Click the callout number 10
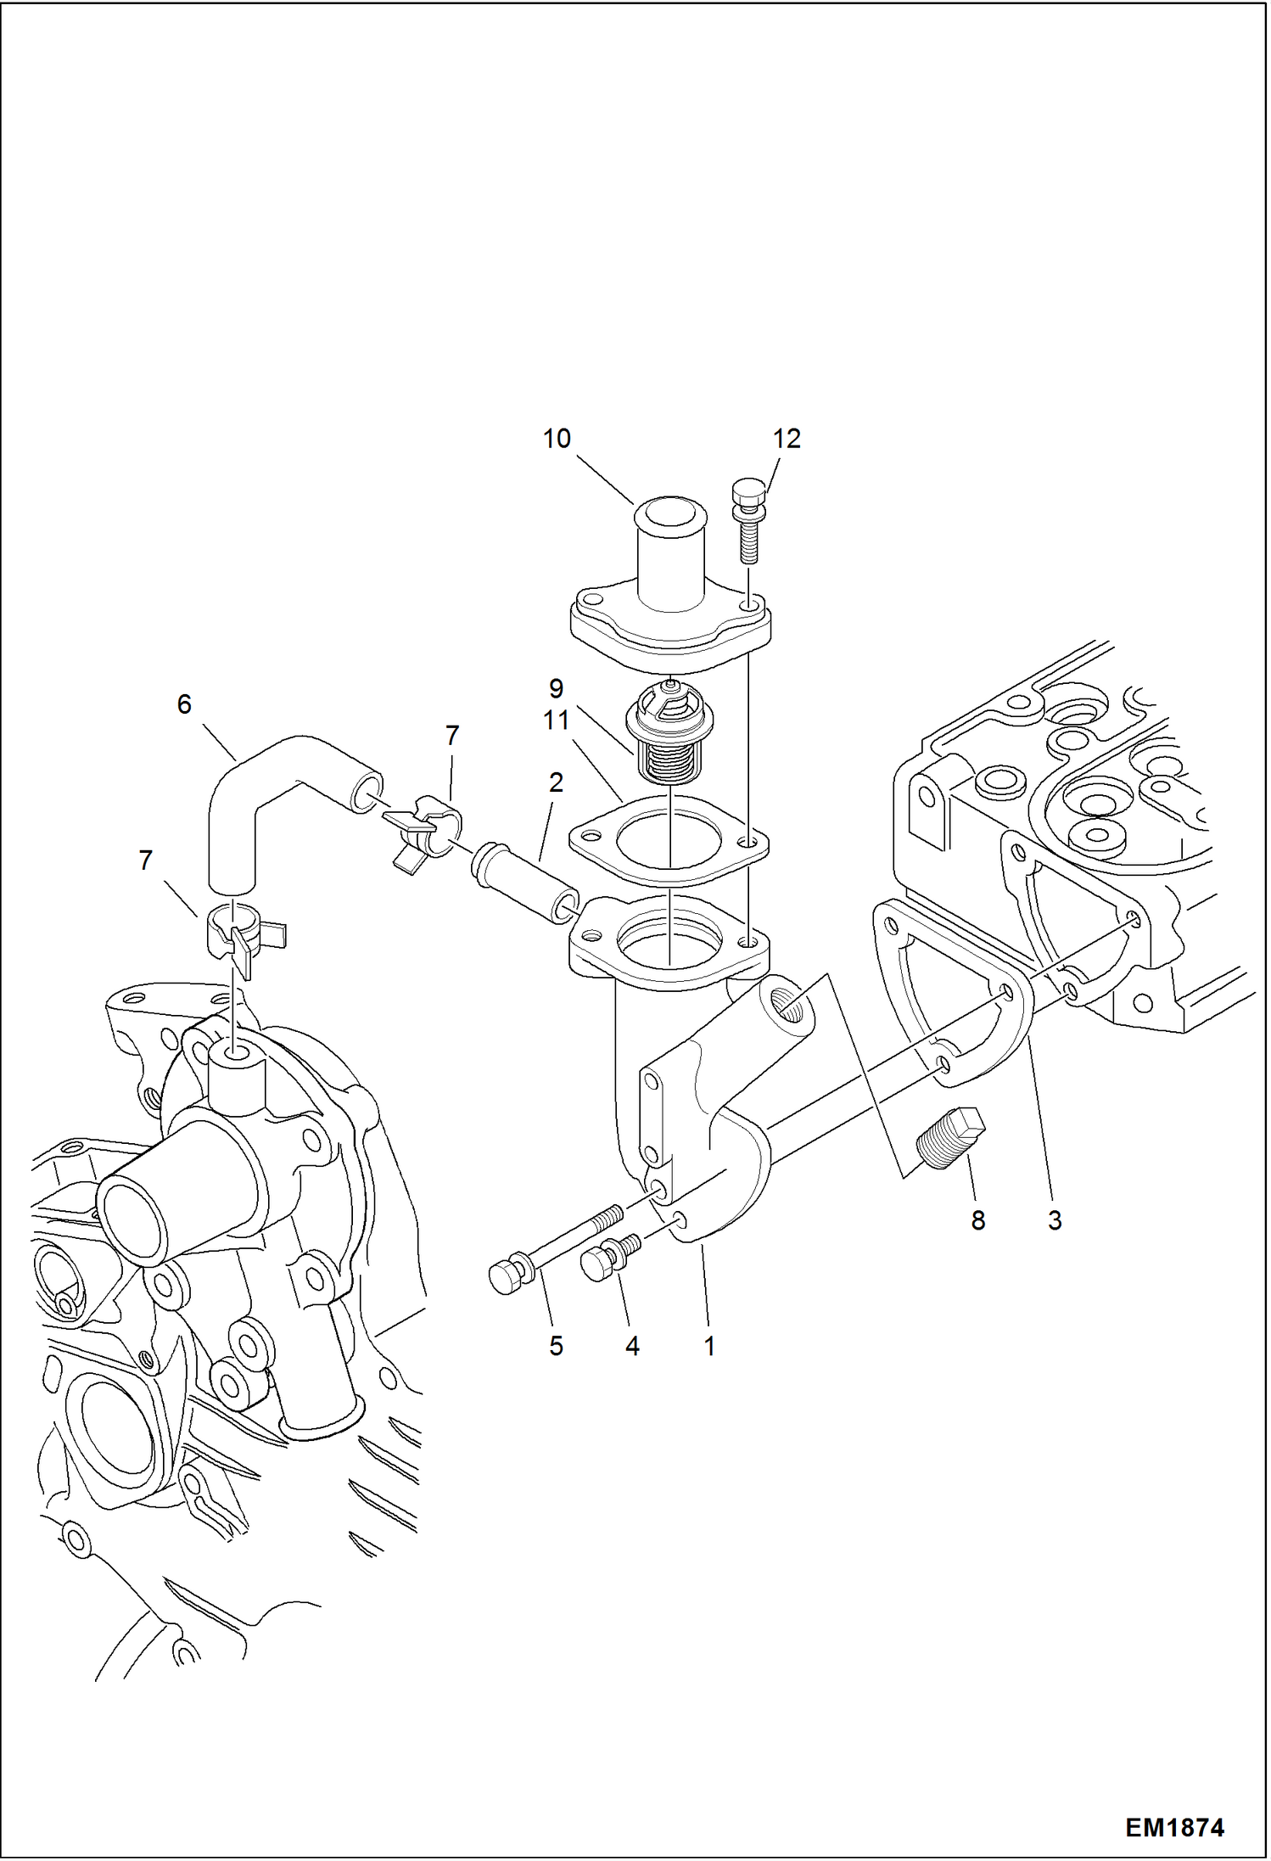pyautogui.click(x=557, y=439)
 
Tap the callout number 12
pyautogui.click(x=787, y=439)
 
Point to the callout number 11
pyautogui.click(x=556, y=720)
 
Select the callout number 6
pyautogui.click(x=184, y=704)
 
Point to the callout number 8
pyautogui.click(x=977, y=1220)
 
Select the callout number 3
pyautogui.click(x=1054, y=1220)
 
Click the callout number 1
pyautogui.click(x=709, y=1346)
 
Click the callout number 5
pyautogui.click(x=556, y=1346)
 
